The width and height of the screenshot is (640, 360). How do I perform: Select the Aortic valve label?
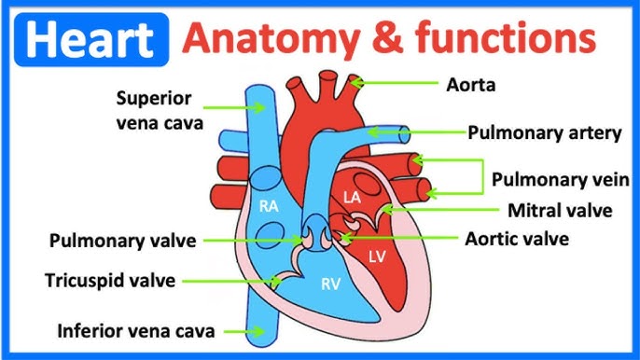517,238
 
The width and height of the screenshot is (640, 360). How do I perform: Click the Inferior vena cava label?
136,330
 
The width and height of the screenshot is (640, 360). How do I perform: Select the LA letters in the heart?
352,197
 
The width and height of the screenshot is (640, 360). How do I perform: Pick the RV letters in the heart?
331,284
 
